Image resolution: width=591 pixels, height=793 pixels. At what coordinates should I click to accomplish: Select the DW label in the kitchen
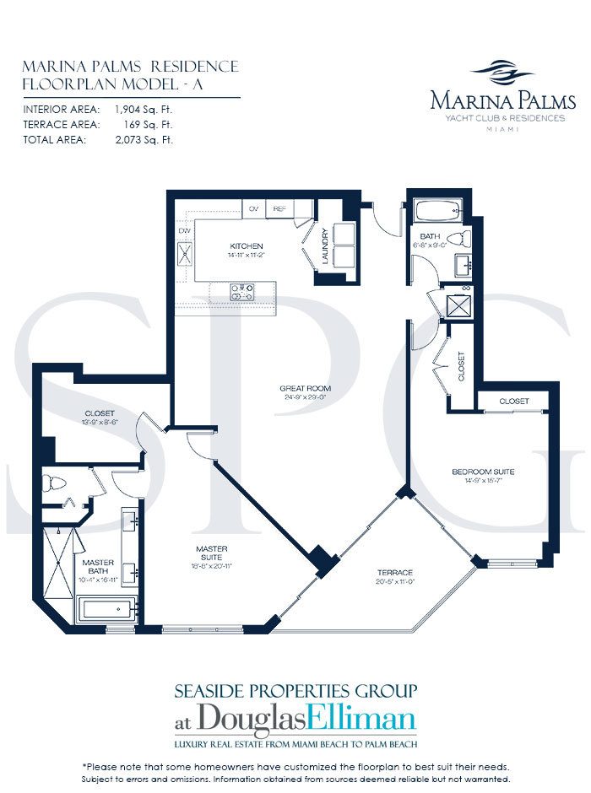coord(183,230)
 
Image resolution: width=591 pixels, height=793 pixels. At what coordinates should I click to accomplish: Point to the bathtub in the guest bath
coord(436,211)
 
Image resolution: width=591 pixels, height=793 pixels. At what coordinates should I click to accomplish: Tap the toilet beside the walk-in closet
coord(56,485)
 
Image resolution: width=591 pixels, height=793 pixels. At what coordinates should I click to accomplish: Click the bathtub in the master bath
coord(107,607)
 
